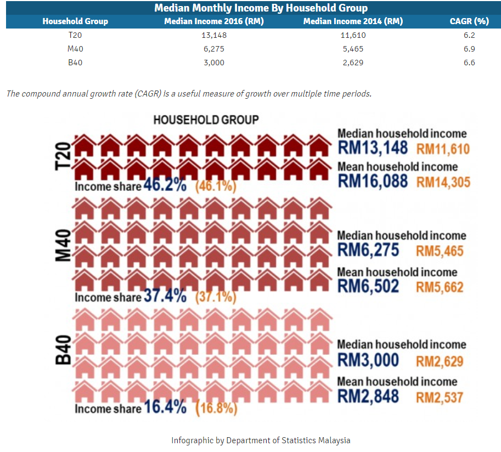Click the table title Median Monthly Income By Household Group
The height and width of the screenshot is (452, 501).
pyautogui.click(x=261, y=8)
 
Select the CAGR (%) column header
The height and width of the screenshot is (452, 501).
pyautogui.click(x=469, y=21)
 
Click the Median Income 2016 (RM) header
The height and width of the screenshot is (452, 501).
pyautogui.click(x=214, y=21)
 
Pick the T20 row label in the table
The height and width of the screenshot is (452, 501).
pyautogui.click(x=75, y=35)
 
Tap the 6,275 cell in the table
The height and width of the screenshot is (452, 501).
pyautogui.click(x=214, y=49)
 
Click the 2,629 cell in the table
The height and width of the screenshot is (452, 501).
pyautogui.click(x=353, y=63)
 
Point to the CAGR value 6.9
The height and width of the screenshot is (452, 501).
pyautogui.click(x=469, y=49)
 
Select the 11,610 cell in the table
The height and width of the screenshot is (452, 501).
pyautogui.click(x=353, y=35)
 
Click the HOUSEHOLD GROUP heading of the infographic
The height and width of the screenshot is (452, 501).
pyautogui.click(x=206, y=120)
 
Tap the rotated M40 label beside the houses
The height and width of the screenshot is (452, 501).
pyautogui.click(x=63, y=245)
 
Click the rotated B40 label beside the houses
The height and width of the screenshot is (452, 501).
pyautogui.click(x=63, y=350)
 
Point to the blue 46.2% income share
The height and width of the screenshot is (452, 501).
pyautogui.click(x=165, y=185)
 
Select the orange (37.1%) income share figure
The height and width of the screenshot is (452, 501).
pyautogui.click(x=216, y=297)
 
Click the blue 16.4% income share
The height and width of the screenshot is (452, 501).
pyautogui.click(x=165, y=407)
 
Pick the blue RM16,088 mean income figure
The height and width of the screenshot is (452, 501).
pyautogui.click(x=373, y=181)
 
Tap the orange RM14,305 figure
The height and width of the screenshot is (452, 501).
pyautogui.click(x=443, y=182)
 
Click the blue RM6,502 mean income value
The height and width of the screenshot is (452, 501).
pyautogui.click(x=368, y=286)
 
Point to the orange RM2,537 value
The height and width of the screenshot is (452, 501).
pyautogui.click(x=440, y=398)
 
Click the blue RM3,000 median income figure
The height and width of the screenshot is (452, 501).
pyautogui.click(x=368, y=360)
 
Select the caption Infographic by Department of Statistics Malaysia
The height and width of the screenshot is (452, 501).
pyautogui.click(x=261, y=440)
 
